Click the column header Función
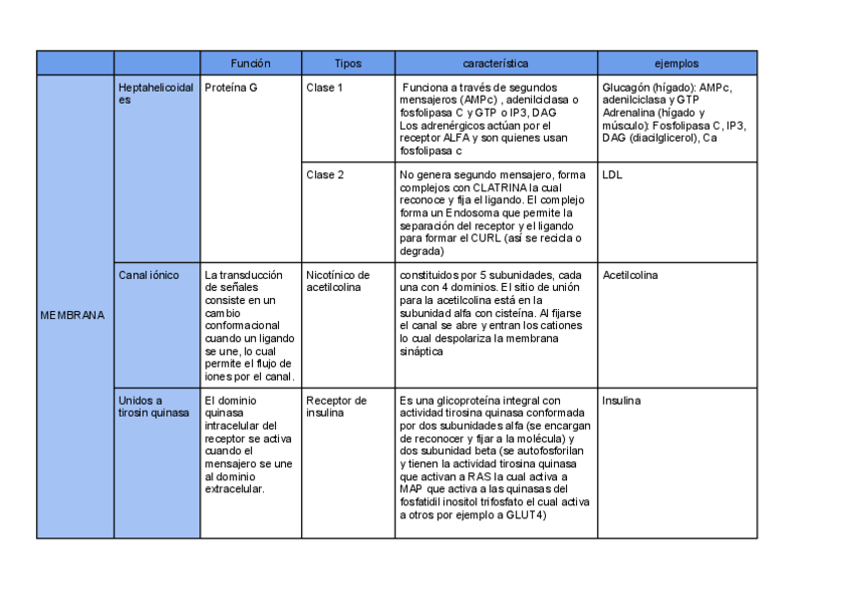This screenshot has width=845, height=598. point(250,63)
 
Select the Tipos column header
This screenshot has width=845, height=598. point(348,63)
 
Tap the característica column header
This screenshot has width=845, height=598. point(495,63)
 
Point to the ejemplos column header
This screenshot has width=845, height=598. point(677,63)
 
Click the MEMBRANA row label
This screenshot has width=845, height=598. point(72,316)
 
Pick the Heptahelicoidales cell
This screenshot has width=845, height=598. point(155,94)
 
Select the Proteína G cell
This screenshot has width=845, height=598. point(230,88)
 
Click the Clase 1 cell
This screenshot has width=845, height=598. point(325,88)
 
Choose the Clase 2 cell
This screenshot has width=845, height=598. point(325,174)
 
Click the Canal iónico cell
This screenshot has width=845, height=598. point(148,275)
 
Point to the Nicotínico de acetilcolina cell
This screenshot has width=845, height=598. point(338,281)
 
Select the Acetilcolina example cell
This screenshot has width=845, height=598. point(631,275)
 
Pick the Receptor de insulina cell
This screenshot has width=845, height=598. point(336,407)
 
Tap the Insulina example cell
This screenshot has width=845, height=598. point(622,401)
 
